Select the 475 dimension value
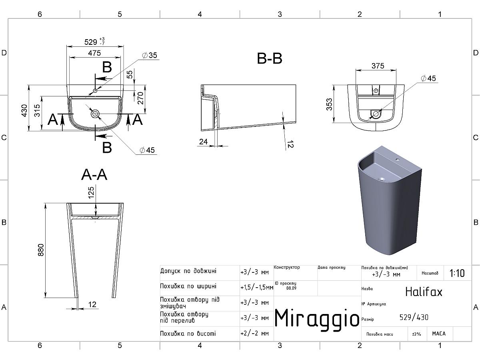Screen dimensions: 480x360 coord(94,53)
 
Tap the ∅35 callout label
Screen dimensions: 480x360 coord(150,55)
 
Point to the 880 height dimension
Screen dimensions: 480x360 coord(41,250)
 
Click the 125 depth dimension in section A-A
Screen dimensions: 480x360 coord(91,192)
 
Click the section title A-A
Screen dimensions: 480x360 coord(94,175)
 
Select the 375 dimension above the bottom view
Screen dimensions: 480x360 coord(378,66)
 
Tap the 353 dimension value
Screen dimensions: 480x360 coord(329,104)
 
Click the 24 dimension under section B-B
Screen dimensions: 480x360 coord(203,142)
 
